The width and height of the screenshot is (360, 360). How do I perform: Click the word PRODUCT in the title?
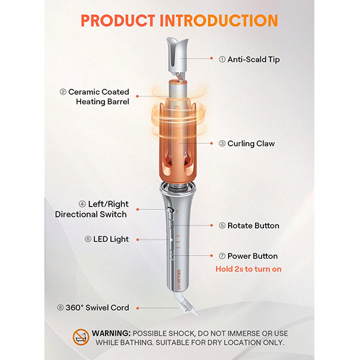(x=118, y=20)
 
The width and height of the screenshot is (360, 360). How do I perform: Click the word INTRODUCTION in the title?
(x=219, y=20)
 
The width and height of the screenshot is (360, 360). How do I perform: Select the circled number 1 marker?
(x=222, y=59)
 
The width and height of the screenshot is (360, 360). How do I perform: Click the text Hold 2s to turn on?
(x=248, y=269)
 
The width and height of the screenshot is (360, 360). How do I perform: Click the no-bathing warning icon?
(x=81, y=337)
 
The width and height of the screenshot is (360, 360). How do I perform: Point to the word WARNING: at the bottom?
(x=111, y=333)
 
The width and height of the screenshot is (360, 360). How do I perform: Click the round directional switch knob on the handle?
(x=170, y=210)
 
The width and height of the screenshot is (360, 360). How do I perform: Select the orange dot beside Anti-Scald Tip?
(x=211, y=58)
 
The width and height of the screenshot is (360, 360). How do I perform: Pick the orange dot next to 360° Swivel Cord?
(x=137, y=308)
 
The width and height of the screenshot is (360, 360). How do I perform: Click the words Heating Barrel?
(x=103, y=101)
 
